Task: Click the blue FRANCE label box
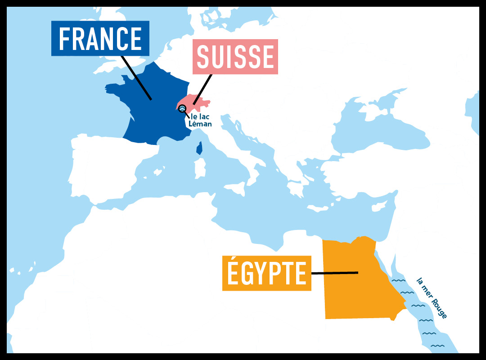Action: click(100, 39)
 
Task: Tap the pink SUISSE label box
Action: click(235, 57)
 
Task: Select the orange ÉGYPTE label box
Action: click(266, 273)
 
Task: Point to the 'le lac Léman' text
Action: click(201, 120)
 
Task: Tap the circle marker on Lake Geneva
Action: click(182, 108)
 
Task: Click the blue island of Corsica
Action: click(199, 148)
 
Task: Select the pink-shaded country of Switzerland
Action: click(198, 103)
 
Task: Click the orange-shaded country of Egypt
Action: click(355, 288)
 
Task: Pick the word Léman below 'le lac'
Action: click(201, 124)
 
